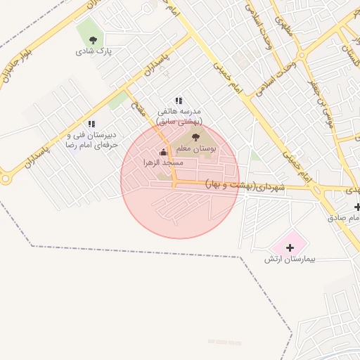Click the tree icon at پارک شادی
94,40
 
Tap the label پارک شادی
95,51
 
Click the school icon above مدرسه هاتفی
179,101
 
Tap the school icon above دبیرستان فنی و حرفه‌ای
91,124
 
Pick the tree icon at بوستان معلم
195,137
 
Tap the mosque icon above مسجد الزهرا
163,152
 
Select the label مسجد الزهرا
163,162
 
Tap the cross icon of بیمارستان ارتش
290,247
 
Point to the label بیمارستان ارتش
290,259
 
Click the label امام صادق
344,218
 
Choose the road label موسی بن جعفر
321,103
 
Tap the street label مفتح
139,109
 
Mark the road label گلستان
349,53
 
